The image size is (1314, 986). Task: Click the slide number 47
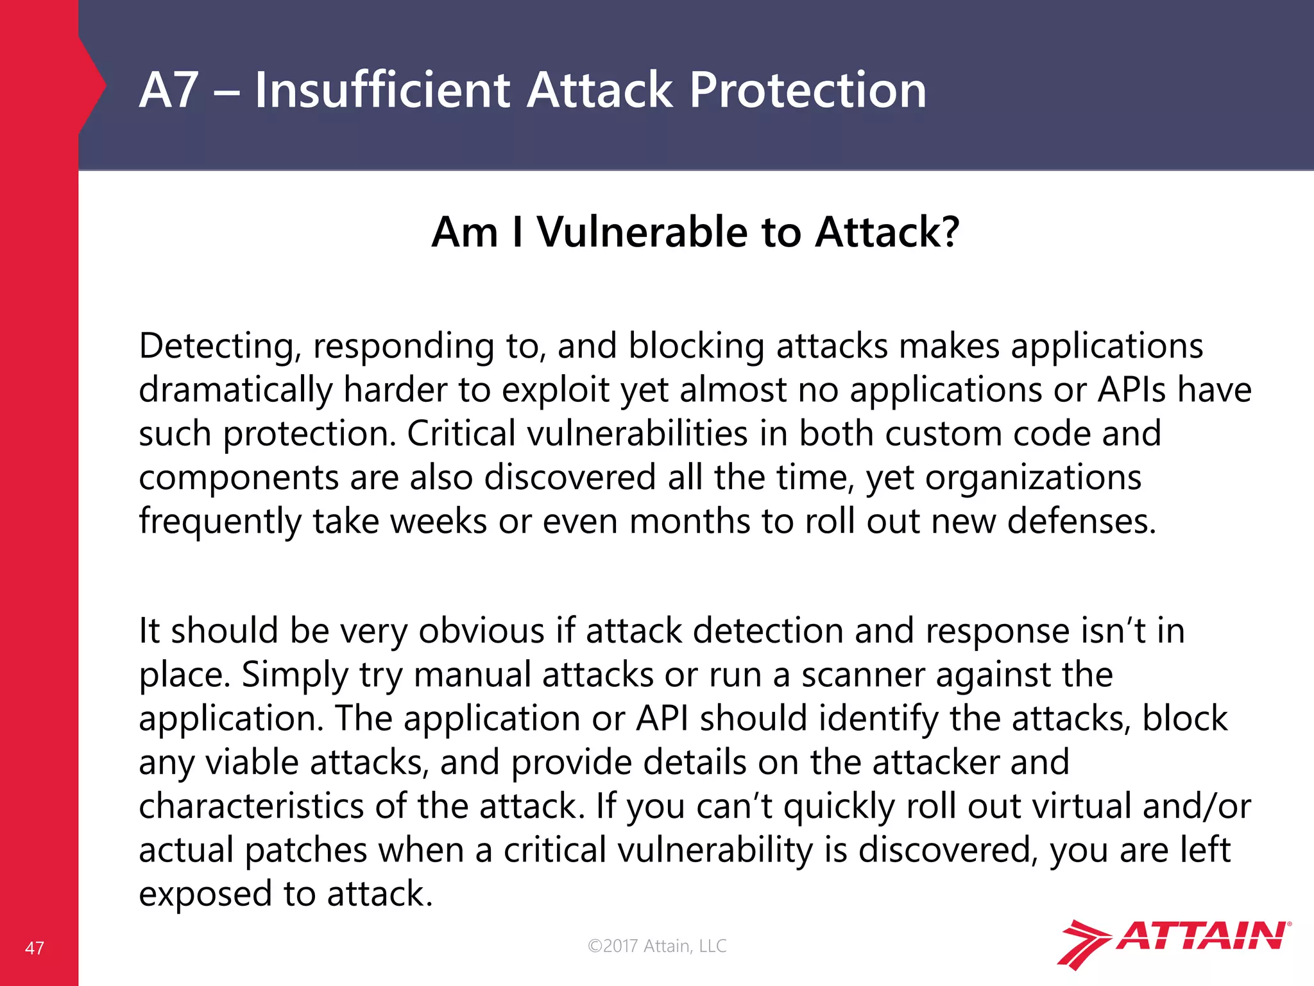coord(35,948)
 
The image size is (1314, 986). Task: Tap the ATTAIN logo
coord(1173,943)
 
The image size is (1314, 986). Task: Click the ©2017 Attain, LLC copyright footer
coord(657,946)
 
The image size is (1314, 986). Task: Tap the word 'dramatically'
coord(235,390)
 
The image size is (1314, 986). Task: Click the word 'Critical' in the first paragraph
coord(461,433)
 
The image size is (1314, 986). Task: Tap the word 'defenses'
coord(1081,521)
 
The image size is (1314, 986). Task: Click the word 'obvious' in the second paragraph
coord(482,631)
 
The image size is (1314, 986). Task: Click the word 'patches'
coord(305,851)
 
